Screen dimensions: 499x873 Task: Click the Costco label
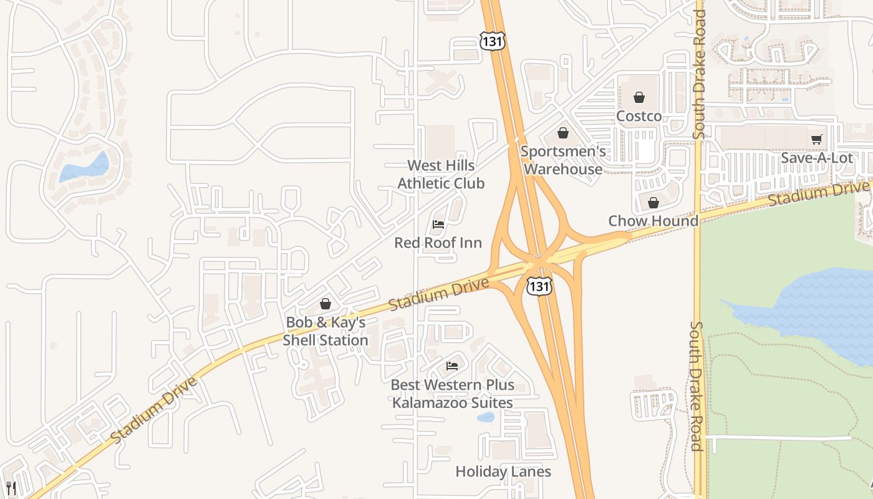click(x=639, y=117)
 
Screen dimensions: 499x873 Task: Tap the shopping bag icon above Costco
click(x=639, y=97)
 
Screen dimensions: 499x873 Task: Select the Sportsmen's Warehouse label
click(x=563, y=160)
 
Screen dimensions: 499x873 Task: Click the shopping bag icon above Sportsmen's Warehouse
click(x=563, y=133)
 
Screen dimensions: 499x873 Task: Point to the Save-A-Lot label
click(x=816, y=158)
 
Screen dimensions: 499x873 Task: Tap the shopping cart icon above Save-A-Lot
click(x=816, y=139)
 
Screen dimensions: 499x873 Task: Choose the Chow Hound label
click(x=653, y=221)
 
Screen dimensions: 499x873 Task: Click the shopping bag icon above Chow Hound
click(x=653, y=203)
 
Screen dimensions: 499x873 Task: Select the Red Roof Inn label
click(x=438, y=243)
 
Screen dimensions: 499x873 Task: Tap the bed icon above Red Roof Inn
click(x=438, y=224)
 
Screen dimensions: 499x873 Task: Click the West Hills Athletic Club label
click(x=441, y=175)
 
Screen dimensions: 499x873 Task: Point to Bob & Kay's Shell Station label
click(x=326, y=331)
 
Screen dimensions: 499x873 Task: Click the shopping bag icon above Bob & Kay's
click(x=325, y=304)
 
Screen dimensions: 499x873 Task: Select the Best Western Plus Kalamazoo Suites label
click(x=452, y=394)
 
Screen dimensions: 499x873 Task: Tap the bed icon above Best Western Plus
click(x=452, y=366)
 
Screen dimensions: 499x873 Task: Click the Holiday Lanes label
click(x=503, y=472)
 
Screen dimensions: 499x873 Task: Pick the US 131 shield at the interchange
click(x=539, y=286)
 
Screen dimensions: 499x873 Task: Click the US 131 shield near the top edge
click(x=492, y=42)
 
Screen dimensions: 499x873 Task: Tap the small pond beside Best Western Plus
click(x=485, y=417)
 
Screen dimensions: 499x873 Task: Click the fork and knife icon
click(x=10, y=487)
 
